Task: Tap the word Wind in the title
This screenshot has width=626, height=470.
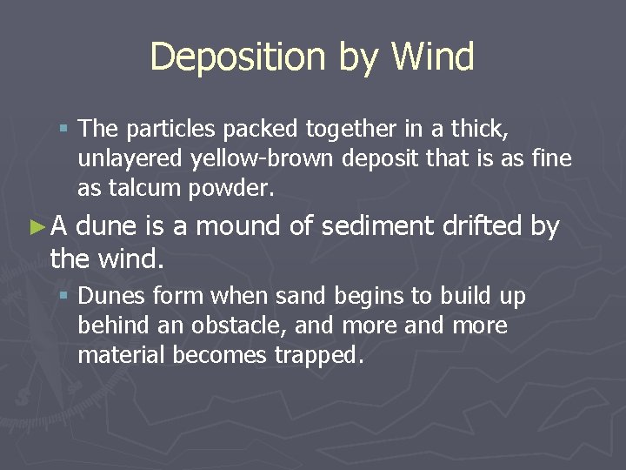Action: point(432,57)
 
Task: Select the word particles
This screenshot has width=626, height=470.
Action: point(170,130)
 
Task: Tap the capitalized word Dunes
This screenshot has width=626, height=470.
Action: point(111,297)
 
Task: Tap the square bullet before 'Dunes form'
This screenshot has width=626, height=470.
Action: point(63,298)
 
